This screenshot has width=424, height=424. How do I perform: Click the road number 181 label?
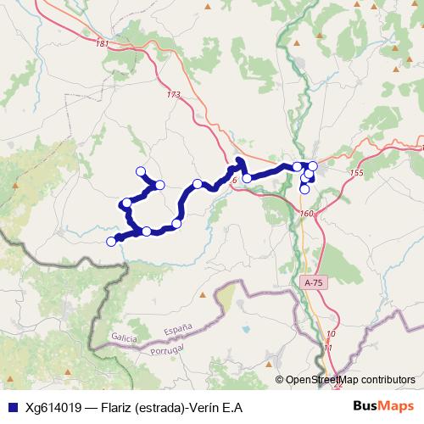[103, 44]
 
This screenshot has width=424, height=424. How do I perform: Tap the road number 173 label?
[175, 95]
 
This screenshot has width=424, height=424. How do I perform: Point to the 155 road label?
[355, 173]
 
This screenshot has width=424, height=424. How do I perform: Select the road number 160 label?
[307, 213]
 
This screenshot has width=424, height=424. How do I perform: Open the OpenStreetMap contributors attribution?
[350, 380]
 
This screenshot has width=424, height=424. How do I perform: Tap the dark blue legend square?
[12, 407]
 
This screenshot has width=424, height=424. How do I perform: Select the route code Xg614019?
[53, 407]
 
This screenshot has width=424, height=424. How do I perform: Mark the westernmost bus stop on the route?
[111, 242]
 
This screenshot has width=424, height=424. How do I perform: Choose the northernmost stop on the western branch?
[141, 171]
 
